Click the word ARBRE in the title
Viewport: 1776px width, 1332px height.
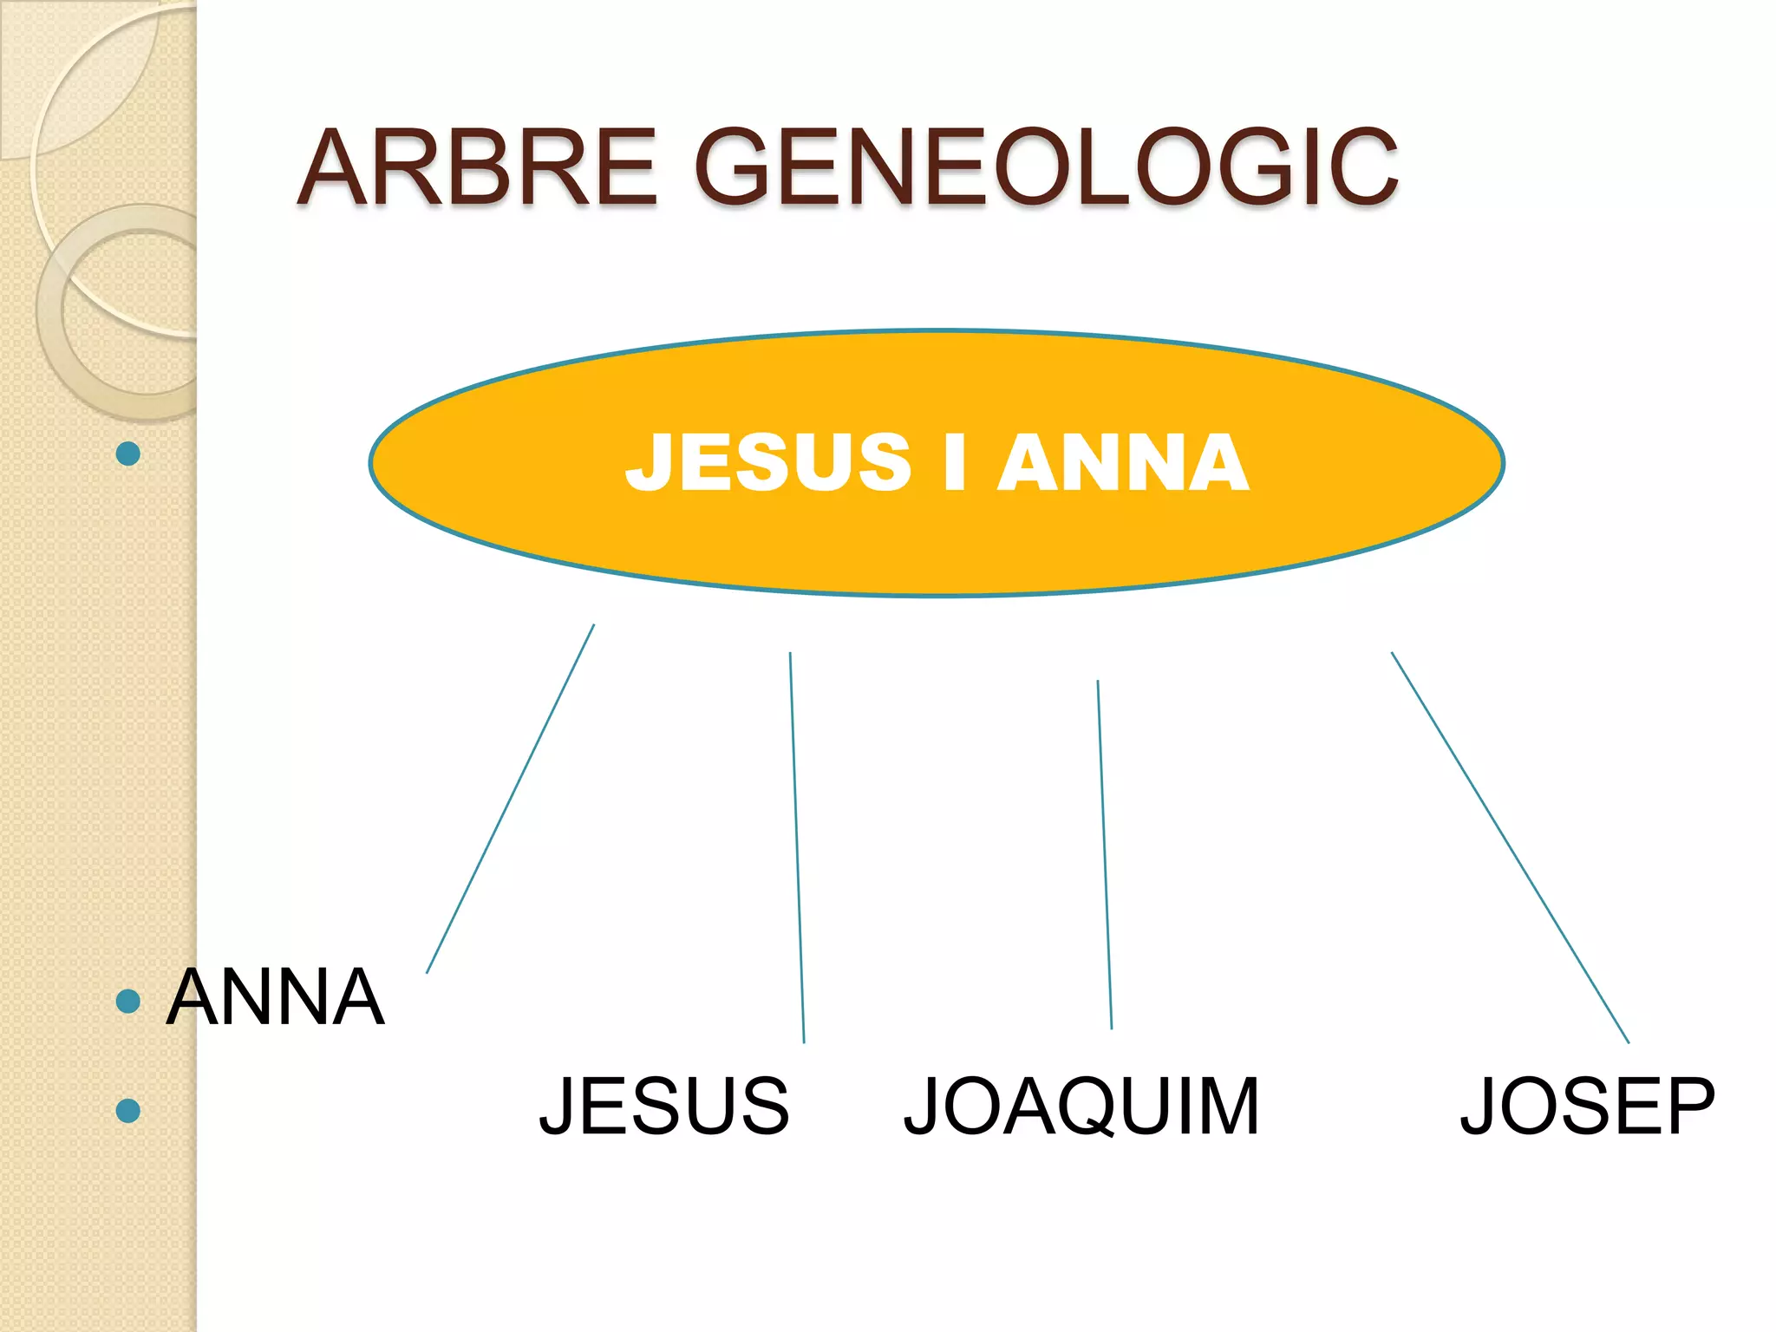[x=476, y=166]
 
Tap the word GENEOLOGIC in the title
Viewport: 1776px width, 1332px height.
[x=1047, y=166]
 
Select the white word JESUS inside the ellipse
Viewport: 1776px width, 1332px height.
[x=768, y=462]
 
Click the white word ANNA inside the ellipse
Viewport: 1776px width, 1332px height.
[x=1124, y=462]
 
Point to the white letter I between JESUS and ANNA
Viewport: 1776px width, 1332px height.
[x=955, y=462]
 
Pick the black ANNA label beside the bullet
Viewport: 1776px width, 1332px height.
[x=275, y=997]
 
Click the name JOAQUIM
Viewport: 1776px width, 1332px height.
[x=1081, y=1107]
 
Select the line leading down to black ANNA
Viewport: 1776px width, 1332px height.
[x=510, y=799]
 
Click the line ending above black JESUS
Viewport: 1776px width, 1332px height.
[x=797, y=847]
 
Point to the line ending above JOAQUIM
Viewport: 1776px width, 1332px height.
[x=1105, y=854]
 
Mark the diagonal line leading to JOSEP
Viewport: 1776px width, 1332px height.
[x=1510, y=847]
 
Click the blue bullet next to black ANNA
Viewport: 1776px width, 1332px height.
[x=128, y=1002]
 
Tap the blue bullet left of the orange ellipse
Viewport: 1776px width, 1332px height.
[x=128, y=454]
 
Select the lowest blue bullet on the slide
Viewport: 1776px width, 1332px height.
[x=128, y=1110]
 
